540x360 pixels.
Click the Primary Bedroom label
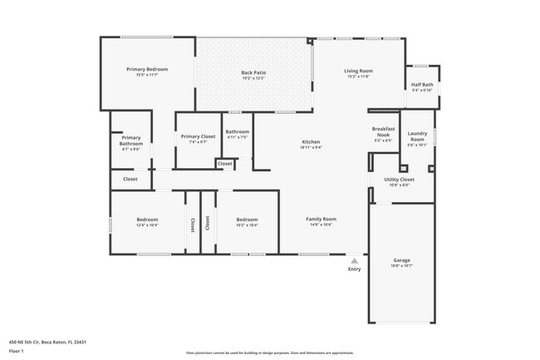[147, 69]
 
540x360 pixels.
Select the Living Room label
[358, 71]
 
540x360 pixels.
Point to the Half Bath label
[421, 84]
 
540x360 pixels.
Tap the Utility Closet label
[399, 180]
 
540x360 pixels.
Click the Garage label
[401, 260]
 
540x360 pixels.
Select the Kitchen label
[311, 142]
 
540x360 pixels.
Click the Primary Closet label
[198, 136]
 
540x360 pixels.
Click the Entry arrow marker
[355, 259]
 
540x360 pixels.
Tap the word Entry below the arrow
[355, 269]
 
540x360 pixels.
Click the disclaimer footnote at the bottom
[269, 353]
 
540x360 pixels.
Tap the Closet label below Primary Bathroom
[130, 179]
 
